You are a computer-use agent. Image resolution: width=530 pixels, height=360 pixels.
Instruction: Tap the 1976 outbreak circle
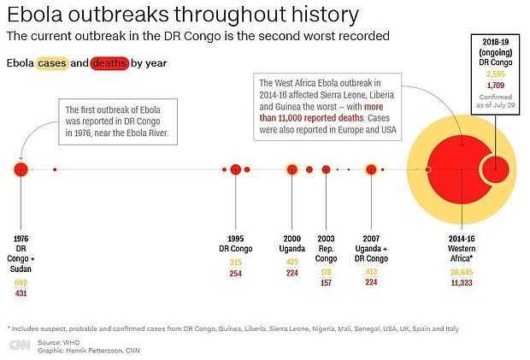click(x=21, y=168)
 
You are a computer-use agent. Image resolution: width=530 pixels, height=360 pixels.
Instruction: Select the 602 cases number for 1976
click(x=21, y=282)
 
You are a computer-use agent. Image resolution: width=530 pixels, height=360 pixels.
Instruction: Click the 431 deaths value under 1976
click(x=21, y=293)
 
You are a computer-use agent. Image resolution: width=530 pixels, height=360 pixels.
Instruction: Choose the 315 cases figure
click(x=236, y=262)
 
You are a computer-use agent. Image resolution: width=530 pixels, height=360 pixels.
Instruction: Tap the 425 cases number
click(x=292, y=262)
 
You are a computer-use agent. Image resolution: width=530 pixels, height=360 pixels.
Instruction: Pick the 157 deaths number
click(x=326, y=282)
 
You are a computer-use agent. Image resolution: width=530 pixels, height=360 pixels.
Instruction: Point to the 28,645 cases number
click(x=462, y=272)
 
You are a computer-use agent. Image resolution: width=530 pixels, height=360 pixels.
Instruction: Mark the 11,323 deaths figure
click(x=462, y=282)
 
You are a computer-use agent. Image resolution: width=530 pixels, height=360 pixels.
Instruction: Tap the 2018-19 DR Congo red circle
click(x=495, y=169)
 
